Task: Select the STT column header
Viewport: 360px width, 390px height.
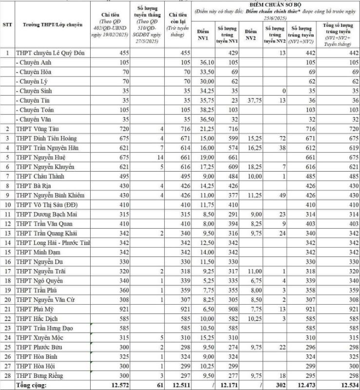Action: [7, 24]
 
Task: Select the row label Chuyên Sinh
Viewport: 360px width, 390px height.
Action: [35, 91]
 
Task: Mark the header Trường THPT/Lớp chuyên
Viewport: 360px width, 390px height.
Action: [49, 24]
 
